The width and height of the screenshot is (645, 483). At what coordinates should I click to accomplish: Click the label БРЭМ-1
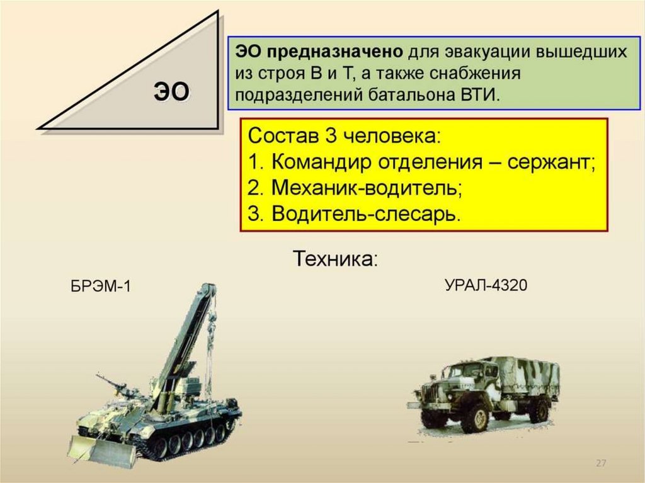coord(100,288)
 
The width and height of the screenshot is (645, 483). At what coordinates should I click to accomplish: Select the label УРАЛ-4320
coord(486,285)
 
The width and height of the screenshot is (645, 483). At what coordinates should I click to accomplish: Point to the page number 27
coord(600,463)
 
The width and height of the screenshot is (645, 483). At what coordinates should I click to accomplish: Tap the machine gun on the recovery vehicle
coord(111,383)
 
